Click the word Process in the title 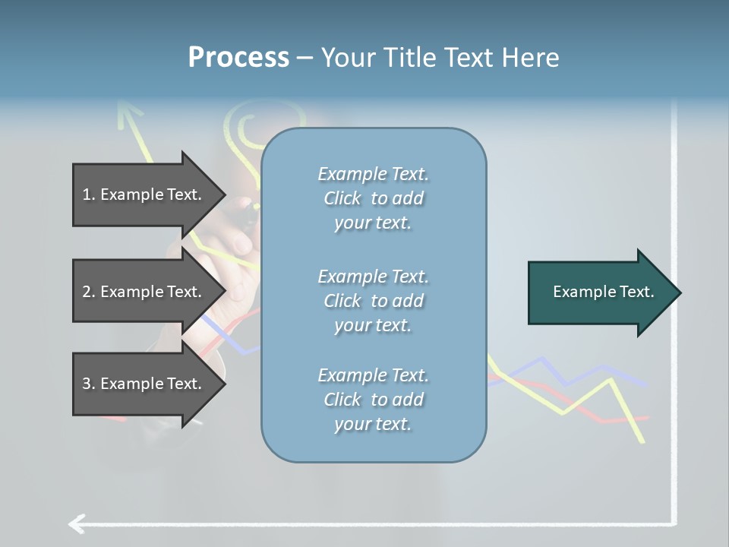[238, 57]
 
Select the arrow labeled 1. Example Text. [148, 194]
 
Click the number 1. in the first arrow [89, 194]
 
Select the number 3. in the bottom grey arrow [89, 384]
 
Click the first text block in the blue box [373, 198]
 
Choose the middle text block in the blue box [373, 301]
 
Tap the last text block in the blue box [373, 400]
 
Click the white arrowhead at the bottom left [74, 523]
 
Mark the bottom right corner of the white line [674, 523]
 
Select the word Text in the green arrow [638, 292]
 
